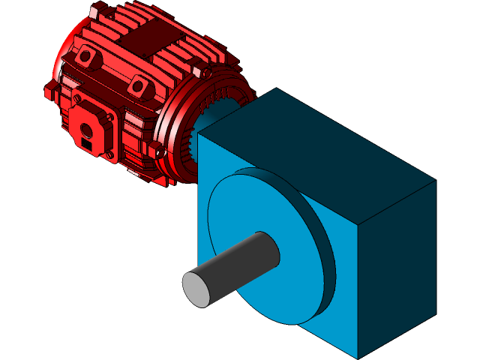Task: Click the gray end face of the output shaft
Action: pyautogui.click(x=197, y=288)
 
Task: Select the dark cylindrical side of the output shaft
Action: pyautogui.click(x=240, y=262)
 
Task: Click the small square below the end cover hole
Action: pyautogui.click(x=87, y=142)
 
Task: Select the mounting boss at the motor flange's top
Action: pyautogui.click(x=200, y=72)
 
